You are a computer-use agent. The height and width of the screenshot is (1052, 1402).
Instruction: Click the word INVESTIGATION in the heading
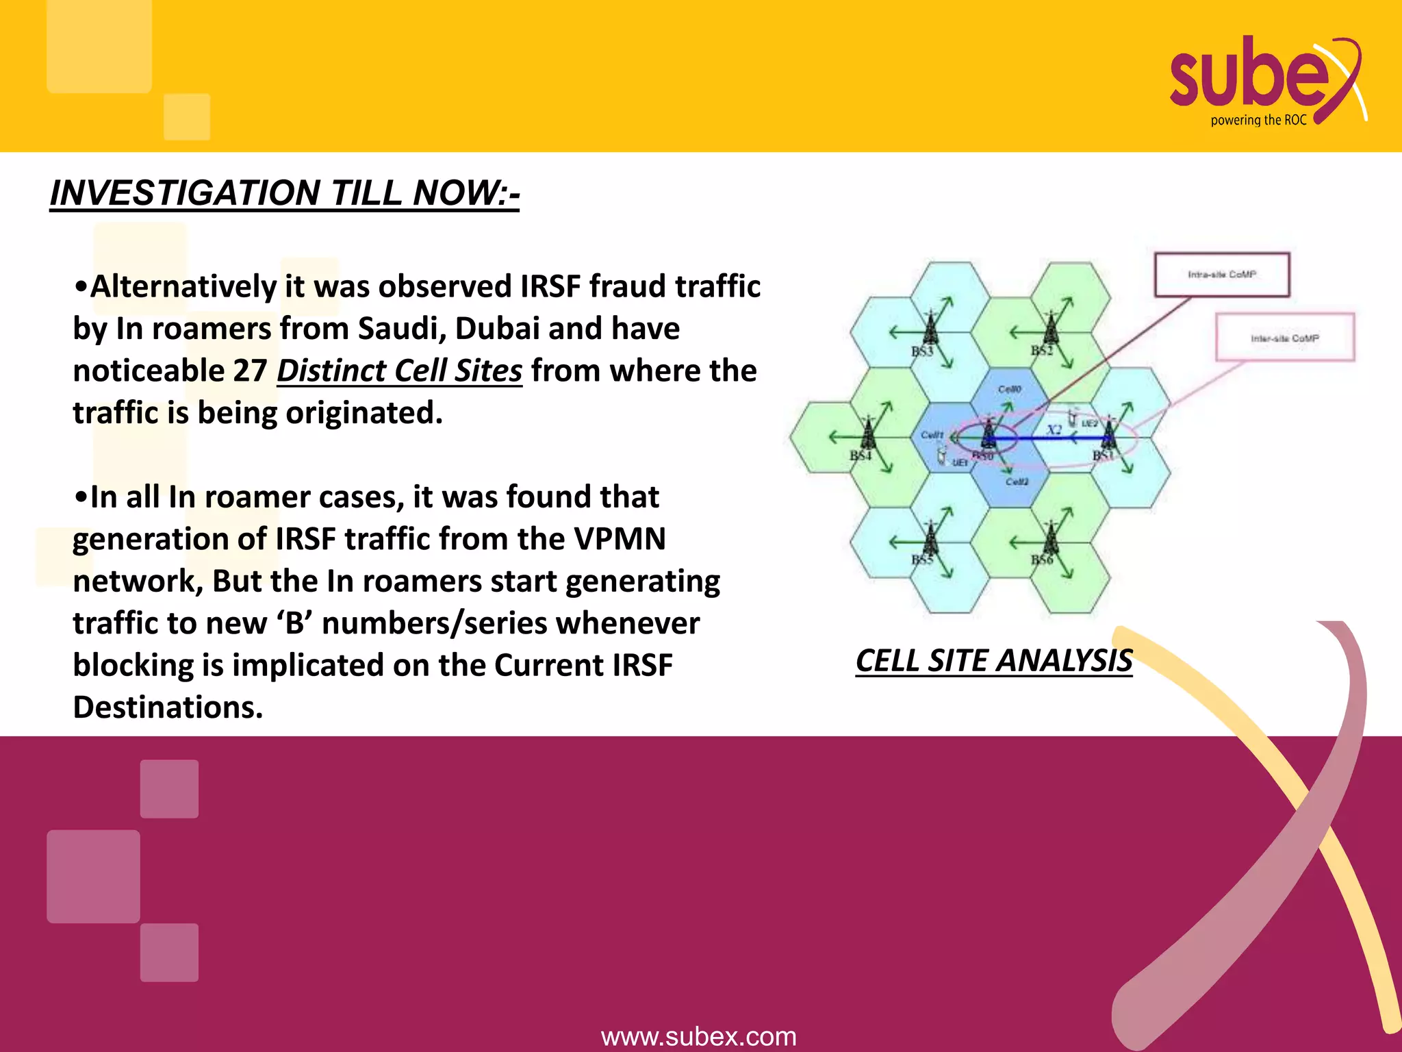(186, 192)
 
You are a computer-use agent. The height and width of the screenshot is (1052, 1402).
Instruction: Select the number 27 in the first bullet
(249, 371)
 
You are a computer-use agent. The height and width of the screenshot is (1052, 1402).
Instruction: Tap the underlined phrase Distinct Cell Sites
(399, 371)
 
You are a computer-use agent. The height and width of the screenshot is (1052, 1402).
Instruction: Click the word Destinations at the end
(168, 707)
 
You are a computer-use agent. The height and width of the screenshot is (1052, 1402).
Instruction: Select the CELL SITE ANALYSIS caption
(994, 661)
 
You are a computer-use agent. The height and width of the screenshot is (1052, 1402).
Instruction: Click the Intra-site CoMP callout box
(1222, 275)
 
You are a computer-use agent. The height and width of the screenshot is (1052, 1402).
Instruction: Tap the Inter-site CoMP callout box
(1284, 338)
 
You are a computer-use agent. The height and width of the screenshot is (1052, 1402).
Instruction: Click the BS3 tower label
(922, 351)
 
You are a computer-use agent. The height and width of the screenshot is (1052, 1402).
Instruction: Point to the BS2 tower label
(1042, 351)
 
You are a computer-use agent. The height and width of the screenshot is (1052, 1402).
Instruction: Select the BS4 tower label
(861, 455)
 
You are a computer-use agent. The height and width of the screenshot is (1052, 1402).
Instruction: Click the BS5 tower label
(922, 560)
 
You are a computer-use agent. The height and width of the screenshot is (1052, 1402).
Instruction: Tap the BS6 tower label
(1042, 560)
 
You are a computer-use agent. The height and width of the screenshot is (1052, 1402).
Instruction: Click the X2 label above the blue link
(1054, 429)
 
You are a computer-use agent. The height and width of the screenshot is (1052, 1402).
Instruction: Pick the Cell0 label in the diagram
(1010, 389)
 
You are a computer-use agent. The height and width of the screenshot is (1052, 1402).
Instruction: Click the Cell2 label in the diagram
(1017, 481)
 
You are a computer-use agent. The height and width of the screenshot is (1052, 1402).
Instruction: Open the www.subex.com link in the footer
(698, 1036)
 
